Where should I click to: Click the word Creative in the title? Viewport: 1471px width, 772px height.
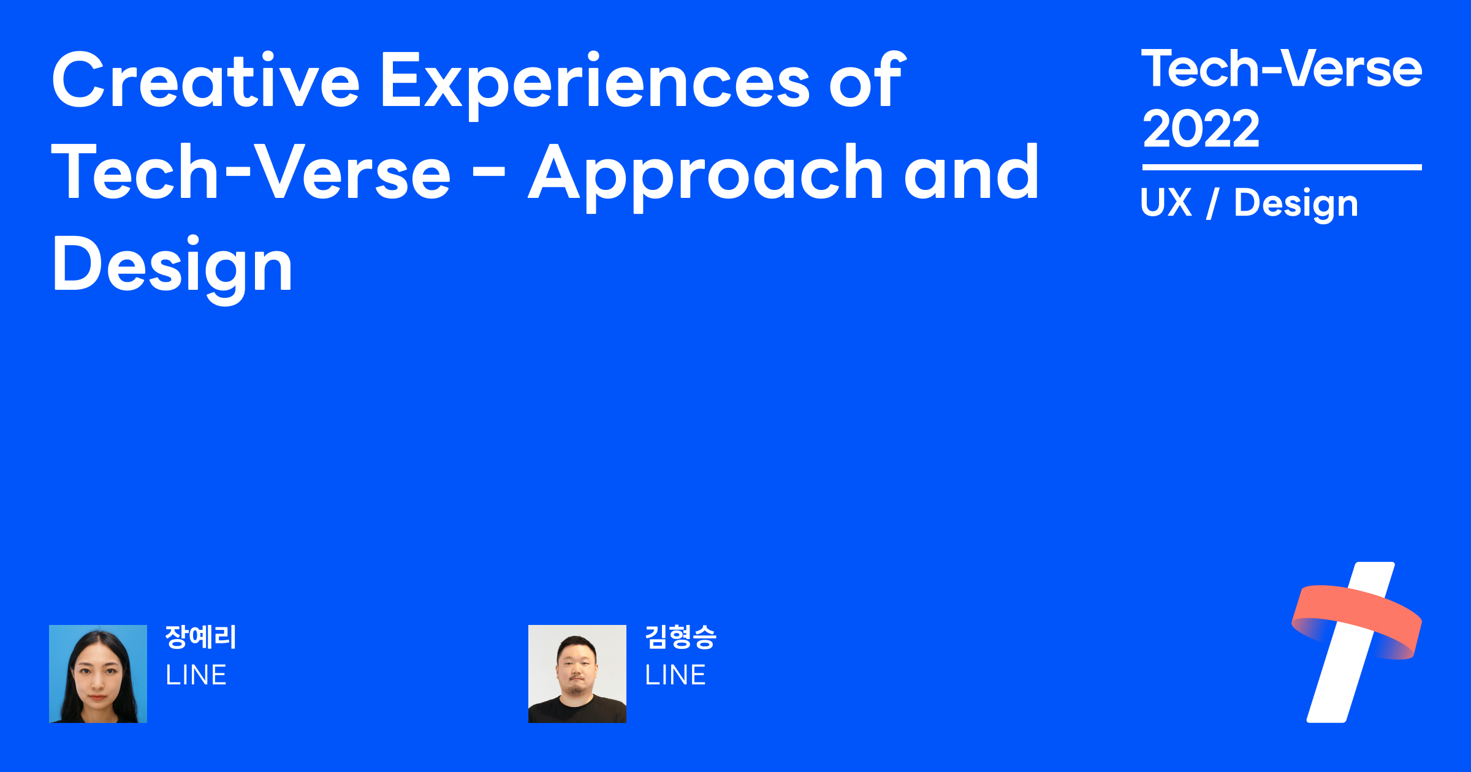[205, 80]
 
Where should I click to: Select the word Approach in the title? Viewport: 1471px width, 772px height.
[705, 176]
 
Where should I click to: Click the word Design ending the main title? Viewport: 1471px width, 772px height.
[172, 268]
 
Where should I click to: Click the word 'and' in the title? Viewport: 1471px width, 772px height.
[971, 172]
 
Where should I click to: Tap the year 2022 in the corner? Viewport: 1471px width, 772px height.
[1201, 129]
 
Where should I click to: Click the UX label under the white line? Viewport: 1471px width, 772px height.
[1166, 202]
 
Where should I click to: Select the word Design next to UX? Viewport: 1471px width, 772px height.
[1296, 205]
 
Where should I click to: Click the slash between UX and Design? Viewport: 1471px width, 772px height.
[1212, 203]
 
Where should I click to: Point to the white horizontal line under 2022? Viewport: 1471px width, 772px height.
[1282, 167]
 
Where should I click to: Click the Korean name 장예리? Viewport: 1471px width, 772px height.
[200, 637]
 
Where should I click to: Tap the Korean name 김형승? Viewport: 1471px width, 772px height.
[680, 637]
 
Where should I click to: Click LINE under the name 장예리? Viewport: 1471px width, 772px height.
[196, 675]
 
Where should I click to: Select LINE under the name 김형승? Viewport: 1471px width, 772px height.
[675, 675]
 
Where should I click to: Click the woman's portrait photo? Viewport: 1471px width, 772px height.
[98, 674]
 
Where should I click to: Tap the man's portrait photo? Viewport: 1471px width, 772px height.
[577, 674]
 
